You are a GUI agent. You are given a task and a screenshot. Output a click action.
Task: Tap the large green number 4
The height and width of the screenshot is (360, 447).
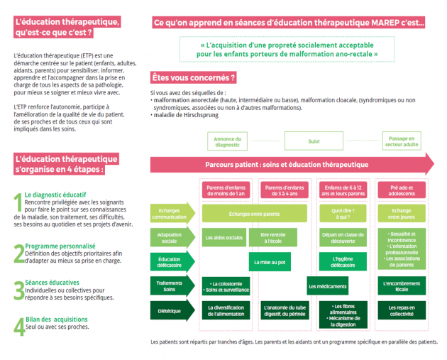point(18,325)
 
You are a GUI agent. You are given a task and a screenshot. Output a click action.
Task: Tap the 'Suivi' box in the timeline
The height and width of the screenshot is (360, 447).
point(314,141)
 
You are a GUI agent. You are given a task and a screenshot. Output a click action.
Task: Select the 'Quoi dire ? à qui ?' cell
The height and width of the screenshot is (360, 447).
point(343,213)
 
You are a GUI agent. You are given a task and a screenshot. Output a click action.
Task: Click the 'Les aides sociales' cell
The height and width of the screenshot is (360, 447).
point(225,237)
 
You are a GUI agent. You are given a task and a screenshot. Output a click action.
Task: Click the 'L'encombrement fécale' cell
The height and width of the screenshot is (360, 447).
point(402,286)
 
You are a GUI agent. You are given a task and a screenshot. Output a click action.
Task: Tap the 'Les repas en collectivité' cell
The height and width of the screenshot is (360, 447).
point(402,310)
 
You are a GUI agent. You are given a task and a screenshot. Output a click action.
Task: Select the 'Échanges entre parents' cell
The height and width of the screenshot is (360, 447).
point(255,213)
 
